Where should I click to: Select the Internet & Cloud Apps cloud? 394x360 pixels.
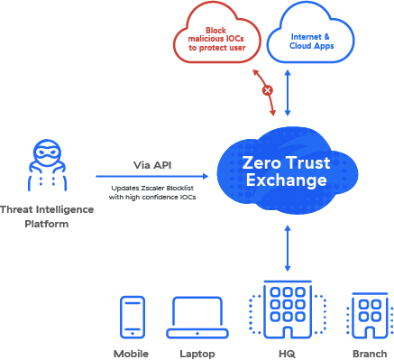[x=307, y=36]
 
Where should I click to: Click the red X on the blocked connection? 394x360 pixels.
[x=267, y=90]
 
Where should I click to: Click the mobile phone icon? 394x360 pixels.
[x=132, y=317]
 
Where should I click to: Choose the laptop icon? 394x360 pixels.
[x=197, y=317]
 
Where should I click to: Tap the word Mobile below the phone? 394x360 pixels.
[x=132, y=354]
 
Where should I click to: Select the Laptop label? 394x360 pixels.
[x=197, y=354]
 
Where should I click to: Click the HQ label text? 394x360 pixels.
[x=287, y=354]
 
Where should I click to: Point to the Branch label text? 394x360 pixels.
[x=368, y=354]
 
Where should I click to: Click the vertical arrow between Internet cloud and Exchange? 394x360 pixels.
[x=287, y=93]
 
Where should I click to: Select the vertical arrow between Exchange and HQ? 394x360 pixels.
[x=287, y=249]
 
